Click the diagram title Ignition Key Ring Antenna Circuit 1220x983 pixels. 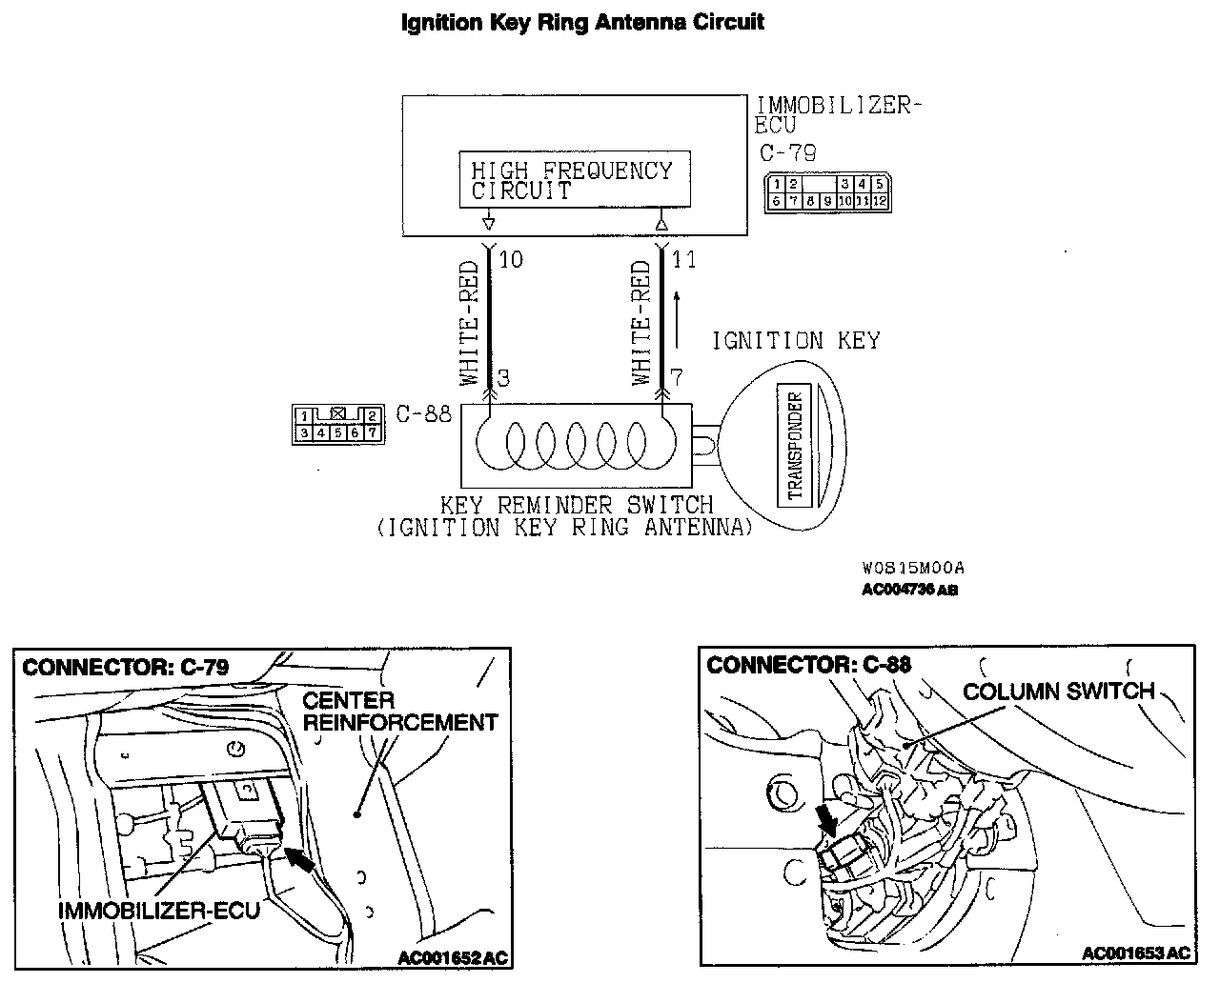(x=582, y=22)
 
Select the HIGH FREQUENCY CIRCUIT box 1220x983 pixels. (x=573, y=179)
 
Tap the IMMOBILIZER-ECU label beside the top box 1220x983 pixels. (x=839, y=114)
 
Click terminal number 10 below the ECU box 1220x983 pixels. (x=512, y=259)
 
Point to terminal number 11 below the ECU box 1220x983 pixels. (x=684, y=259)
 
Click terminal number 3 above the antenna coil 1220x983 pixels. (x=503, y=378)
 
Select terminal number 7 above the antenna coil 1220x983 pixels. (x=677, y=378)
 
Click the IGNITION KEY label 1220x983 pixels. (x=797, y=340)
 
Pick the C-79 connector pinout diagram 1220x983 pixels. (x=827, y=192)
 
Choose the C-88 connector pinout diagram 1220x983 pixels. (x=337, y=423)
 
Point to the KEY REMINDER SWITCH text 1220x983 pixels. (x=576, y=504)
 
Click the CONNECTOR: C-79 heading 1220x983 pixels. (x=125, y=667)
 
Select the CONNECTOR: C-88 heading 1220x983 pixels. (x=809, y=664)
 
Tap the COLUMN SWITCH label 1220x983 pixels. (x=1059, y=691)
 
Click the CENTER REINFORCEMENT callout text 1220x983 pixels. (x=400, y=712)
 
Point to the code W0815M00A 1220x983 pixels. (x=912, y=568)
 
